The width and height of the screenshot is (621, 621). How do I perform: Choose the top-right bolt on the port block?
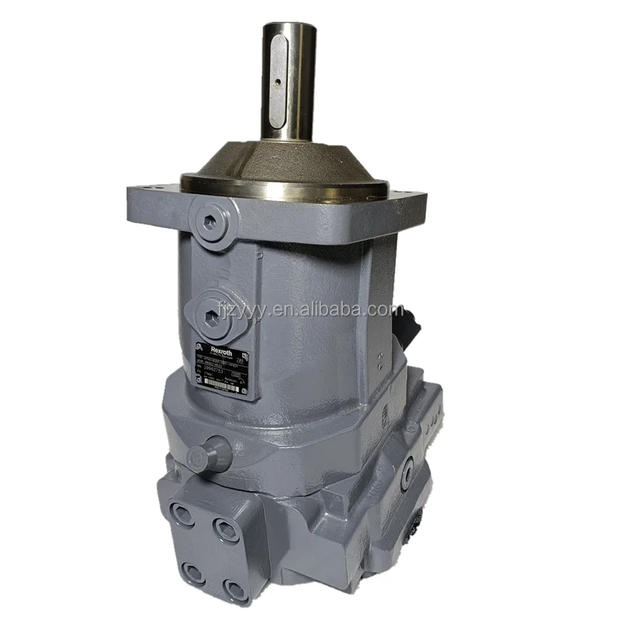click(x=226, y=530)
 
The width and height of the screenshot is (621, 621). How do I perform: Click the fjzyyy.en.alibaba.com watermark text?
click(x=310, y=310)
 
